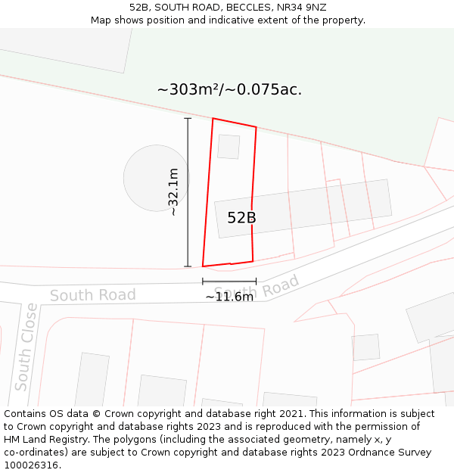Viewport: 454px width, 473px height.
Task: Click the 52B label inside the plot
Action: tap(241, 218)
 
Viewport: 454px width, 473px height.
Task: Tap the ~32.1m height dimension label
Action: tap(173, 192)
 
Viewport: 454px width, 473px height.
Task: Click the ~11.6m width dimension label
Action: tap(229, 297)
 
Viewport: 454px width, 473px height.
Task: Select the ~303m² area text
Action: tap(188, 89)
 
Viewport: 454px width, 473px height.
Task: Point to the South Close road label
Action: tap(26, 347)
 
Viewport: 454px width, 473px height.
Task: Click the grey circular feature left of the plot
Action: tap(156, 178)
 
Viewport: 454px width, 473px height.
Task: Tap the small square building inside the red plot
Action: tap(229, 147)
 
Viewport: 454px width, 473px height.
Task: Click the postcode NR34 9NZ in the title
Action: tap(301, 7)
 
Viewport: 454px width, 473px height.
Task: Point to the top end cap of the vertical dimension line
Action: tap(188, 119)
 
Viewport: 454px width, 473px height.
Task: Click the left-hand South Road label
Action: tap(93, 295)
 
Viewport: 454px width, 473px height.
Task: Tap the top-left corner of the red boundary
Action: tap(213, 119)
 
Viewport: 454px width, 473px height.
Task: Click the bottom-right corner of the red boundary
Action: tap(253, 261)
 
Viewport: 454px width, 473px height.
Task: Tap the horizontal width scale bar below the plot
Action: tap(229, 282)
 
